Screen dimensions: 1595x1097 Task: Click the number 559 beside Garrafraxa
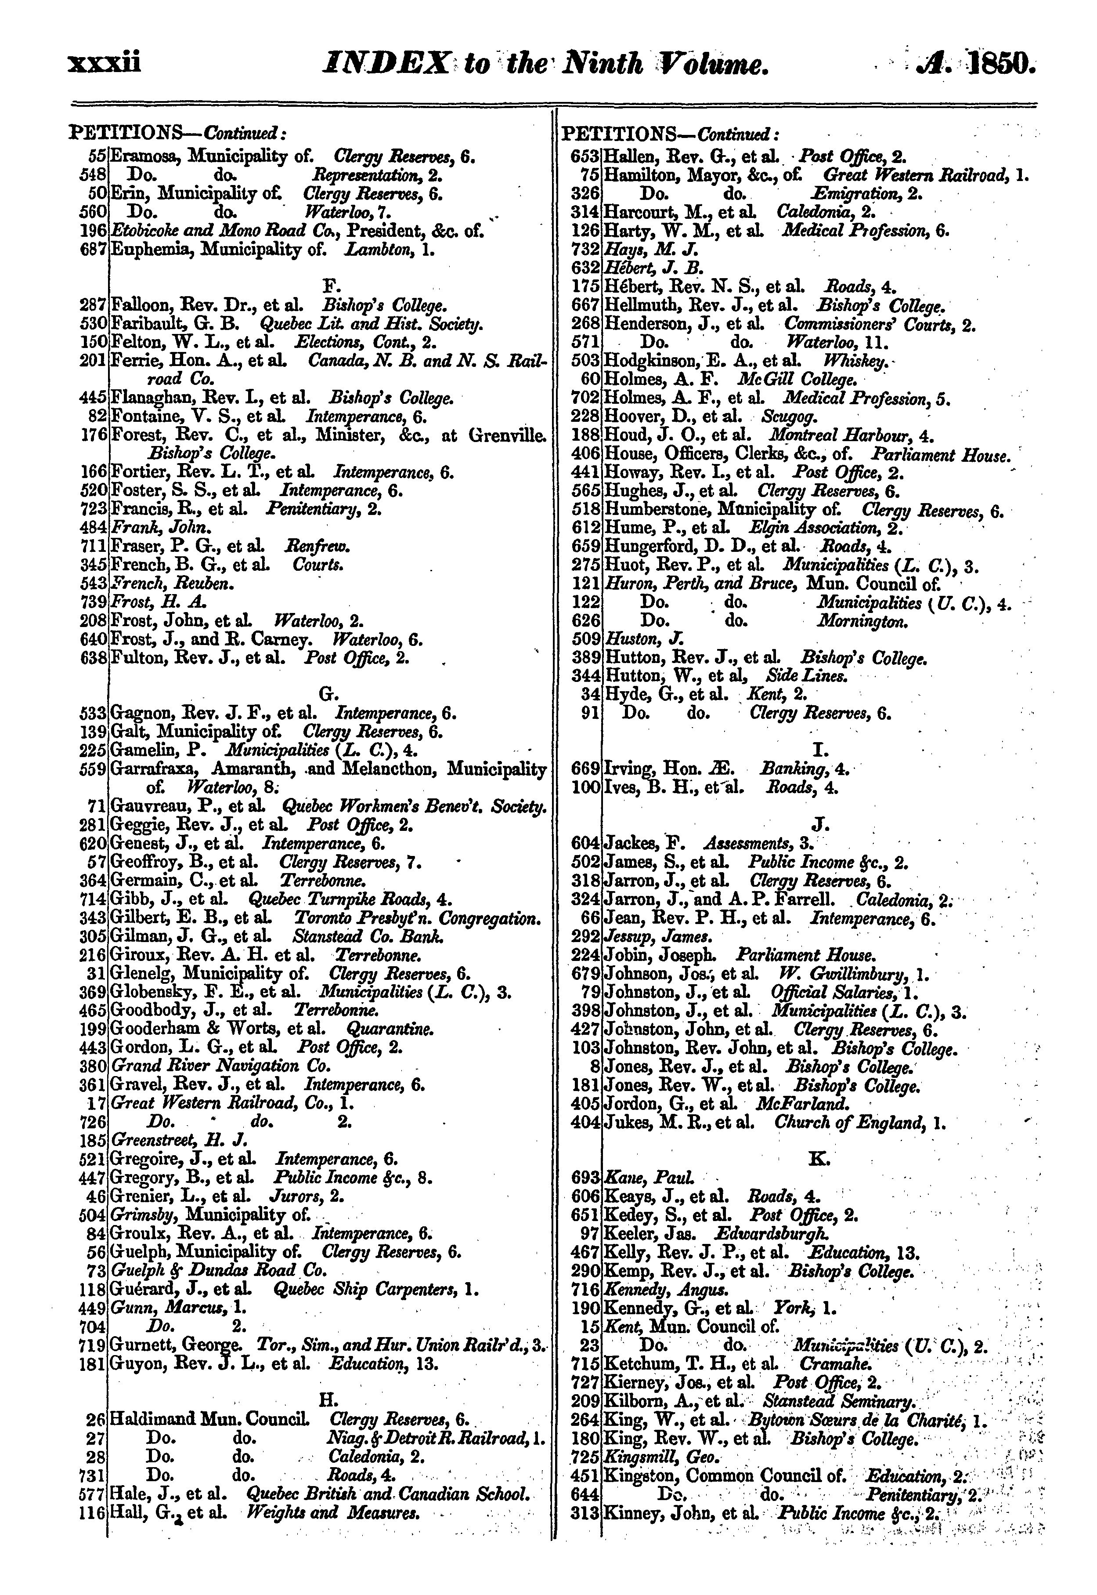(x=93, y=768)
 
